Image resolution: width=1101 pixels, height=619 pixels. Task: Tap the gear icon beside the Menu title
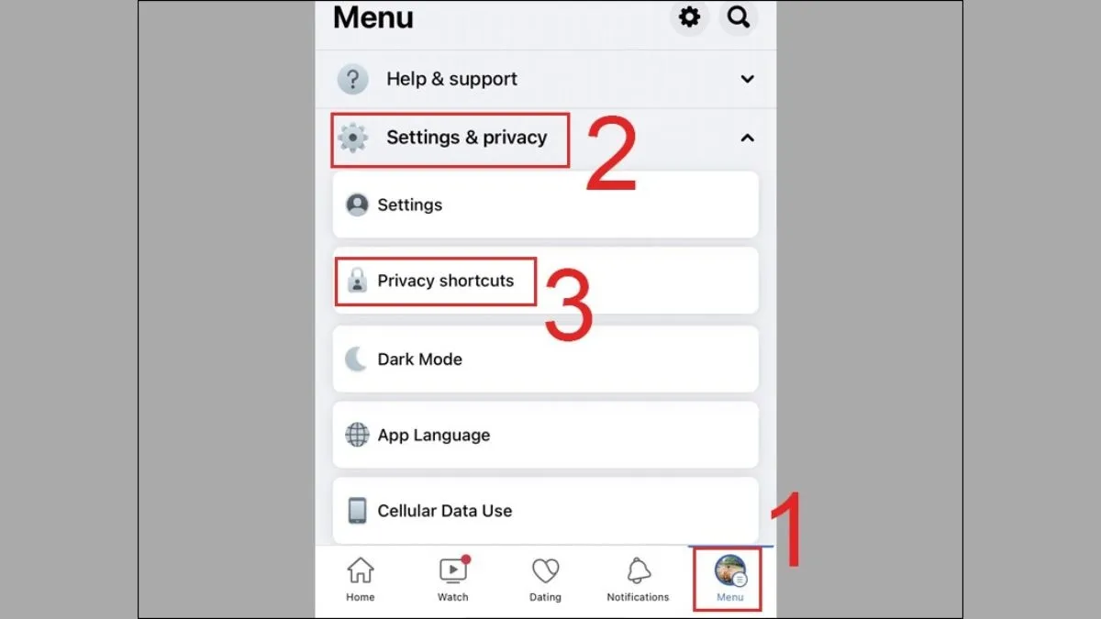click(x=689, y=17)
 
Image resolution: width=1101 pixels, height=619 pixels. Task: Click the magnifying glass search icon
click(x=739, y=17)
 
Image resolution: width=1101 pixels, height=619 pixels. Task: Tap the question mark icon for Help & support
click(x=353, y=80)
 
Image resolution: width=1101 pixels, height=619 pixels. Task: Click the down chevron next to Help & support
click(x=747, y=80)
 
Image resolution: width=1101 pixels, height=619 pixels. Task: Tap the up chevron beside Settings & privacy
click(x=747, y=138)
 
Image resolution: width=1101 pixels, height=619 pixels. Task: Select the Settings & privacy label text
click(x=466, y=138)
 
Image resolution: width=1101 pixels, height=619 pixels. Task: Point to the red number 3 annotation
click(x=569, y=303)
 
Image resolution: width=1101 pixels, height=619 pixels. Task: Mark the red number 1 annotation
click(x=787, y=532)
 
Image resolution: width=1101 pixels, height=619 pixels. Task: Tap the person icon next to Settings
click(x=357, y=204)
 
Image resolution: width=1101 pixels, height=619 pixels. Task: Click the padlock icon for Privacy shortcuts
click(x=357, y=281)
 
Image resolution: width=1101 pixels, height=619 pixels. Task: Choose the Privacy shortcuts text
click(x=445, y=281)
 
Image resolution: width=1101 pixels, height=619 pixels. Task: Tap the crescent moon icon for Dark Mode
click(x=356, y=359)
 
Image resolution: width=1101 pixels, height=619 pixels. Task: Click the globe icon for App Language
click(x=357, y=435)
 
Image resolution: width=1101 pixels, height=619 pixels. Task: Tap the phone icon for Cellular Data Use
click(x=357, y=511)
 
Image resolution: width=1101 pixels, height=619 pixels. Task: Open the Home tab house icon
click(x=361, y=570)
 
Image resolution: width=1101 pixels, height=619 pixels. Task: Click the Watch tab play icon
click(x=452, y=570)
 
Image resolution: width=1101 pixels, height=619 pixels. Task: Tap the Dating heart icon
click(x=545, y=570)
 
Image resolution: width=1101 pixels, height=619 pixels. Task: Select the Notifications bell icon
click(x=638, y=570)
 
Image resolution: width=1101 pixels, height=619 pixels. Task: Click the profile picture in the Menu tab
click(x=729, y=569)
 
